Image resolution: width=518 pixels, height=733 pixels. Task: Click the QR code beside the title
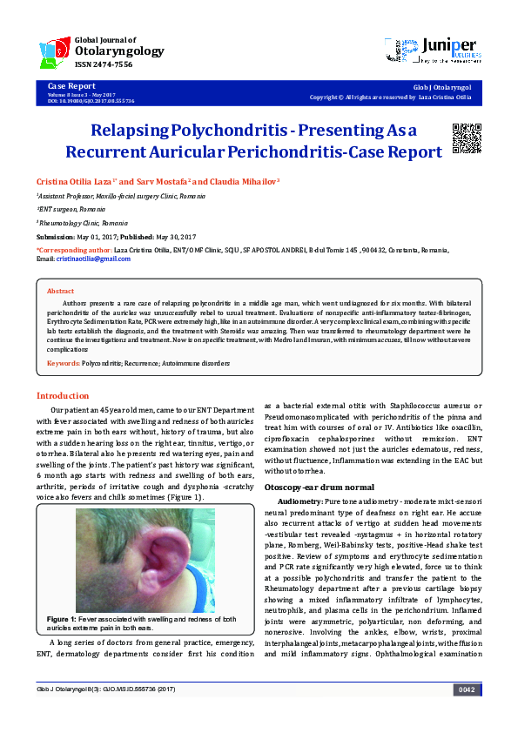(x=467, y=138)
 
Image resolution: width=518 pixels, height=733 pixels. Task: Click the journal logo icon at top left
(x=55, y=52)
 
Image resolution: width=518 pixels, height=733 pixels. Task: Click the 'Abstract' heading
(x=60, y=292)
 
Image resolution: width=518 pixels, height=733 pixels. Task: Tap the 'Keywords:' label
(x=64, y=362)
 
